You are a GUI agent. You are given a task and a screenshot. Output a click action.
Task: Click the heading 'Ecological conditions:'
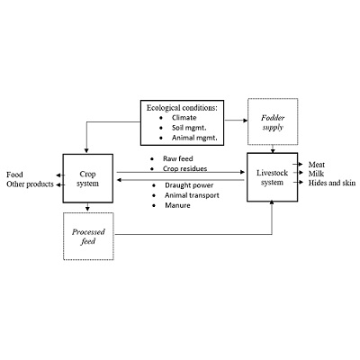(x=182, y=108)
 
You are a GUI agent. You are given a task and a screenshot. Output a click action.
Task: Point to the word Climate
(x=184, y=118)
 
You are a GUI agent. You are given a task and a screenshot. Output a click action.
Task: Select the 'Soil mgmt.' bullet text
(x=189, y=128)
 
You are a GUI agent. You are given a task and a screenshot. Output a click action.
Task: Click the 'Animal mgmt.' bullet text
(x=194, y=138)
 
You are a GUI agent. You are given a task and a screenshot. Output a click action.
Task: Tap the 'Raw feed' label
(x=178, y=158)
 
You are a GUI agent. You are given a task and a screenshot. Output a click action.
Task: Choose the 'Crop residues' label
(x=184, y=168)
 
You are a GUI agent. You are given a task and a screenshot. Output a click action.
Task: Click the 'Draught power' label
(x=189, y=185)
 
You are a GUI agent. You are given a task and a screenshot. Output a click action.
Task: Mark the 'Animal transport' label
(x=192, y=195)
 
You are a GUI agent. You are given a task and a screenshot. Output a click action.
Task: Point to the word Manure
(x=177, y=205)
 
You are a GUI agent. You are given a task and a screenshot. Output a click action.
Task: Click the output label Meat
(x=317, y=165)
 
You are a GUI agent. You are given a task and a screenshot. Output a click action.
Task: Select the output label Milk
(x=316, y=174)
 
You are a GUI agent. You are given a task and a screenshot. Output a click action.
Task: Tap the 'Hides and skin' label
(x=332, y=183)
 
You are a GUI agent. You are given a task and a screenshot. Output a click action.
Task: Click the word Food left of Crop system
(x=14, y=175)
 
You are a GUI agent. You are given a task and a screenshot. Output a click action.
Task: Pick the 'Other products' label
(x=30, y=184)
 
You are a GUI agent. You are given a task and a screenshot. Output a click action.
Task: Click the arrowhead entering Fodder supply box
(x=246, y=121)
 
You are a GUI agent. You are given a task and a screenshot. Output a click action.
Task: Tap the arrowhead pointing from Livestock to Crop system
(x=119, y=180)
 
